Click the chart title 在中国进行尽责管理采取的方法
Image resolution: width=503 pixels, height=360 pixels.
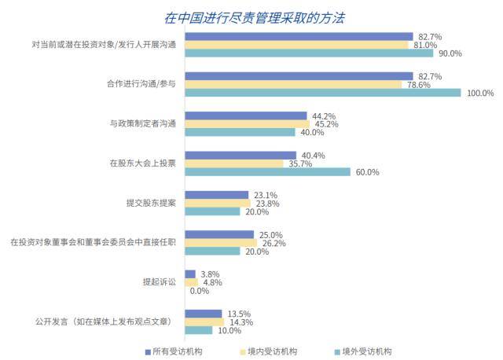pyautogui.click(x=255, y=17)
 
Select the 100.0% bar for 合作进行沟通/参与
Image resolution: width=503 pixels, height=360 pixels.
pyautogui.click(x=322, y=93)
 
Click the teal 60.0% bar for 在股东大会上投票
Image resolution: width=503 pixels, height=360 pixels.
pyautogui.click(x=267, y=171)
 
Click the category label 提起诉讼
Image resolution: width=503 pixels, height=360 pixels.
pyautogui.click(x=160, y=281)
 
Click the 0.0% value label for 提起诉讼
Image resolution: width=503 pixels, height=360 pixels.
pyautogui.click(x=200, y=291)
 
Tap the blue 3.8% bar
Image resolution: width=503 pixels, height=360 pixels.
pyautogui.click(x=190, y=274)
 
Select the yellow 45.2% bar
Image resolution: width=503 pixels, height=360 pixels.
pyautogui.click(x=247, y=123)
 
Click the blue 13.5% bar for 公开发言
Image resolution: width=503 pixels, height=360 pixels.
pyautogui.click(x=203, y=313)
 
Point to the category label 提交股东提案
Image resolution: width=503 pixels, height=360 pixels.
pyautogui.click(x=151, y=202)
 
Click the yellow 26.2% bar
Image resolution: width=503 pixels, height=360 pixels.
pyautogui.click(x=221, y=243)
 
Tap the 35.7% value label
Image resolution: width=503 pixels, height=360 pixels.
pyautogui.click(x=301, y=163)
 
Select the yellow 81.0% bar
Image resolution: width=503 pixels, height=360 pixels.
pyautogui.click(x=296, y=45)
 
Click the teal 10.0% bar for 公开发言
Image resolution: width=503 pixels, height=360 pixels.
pyautogui.click(x=198, y=330)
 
